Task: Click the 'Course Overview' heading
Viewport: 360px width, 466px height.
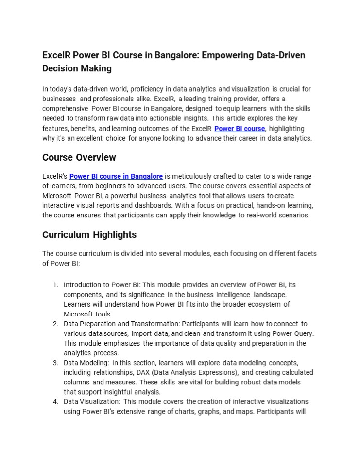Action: click(x=79, y=157)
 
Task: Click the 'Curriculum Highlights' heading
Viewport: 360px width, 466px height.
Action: click(x=89, y=235)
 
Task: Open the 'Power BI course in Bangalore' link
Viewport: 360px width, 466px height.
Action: click(x=116, y=176)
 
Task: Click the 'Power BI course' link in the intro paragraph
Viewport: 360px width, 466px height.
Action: click(x=240, y=129)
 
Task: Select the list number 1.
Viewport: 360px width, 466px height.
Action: click(x=56, y=285)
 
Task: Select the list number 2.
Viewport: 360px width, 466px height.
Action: click(x=56, y=324)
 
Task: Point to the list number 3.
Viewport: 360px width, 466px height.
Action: click(x=56, y=363)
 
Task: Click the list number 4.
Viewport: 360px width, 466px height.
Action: click(x=56, y=401)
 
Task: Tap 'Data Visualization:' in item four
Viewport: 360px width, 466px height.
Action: click(x=92, y=401)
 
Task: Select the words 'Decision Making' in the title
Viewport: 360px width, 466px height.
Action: click(x=77, y=68)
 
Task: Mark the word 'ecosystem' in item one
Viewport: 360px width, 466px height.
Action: click(x=266, y=304)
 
